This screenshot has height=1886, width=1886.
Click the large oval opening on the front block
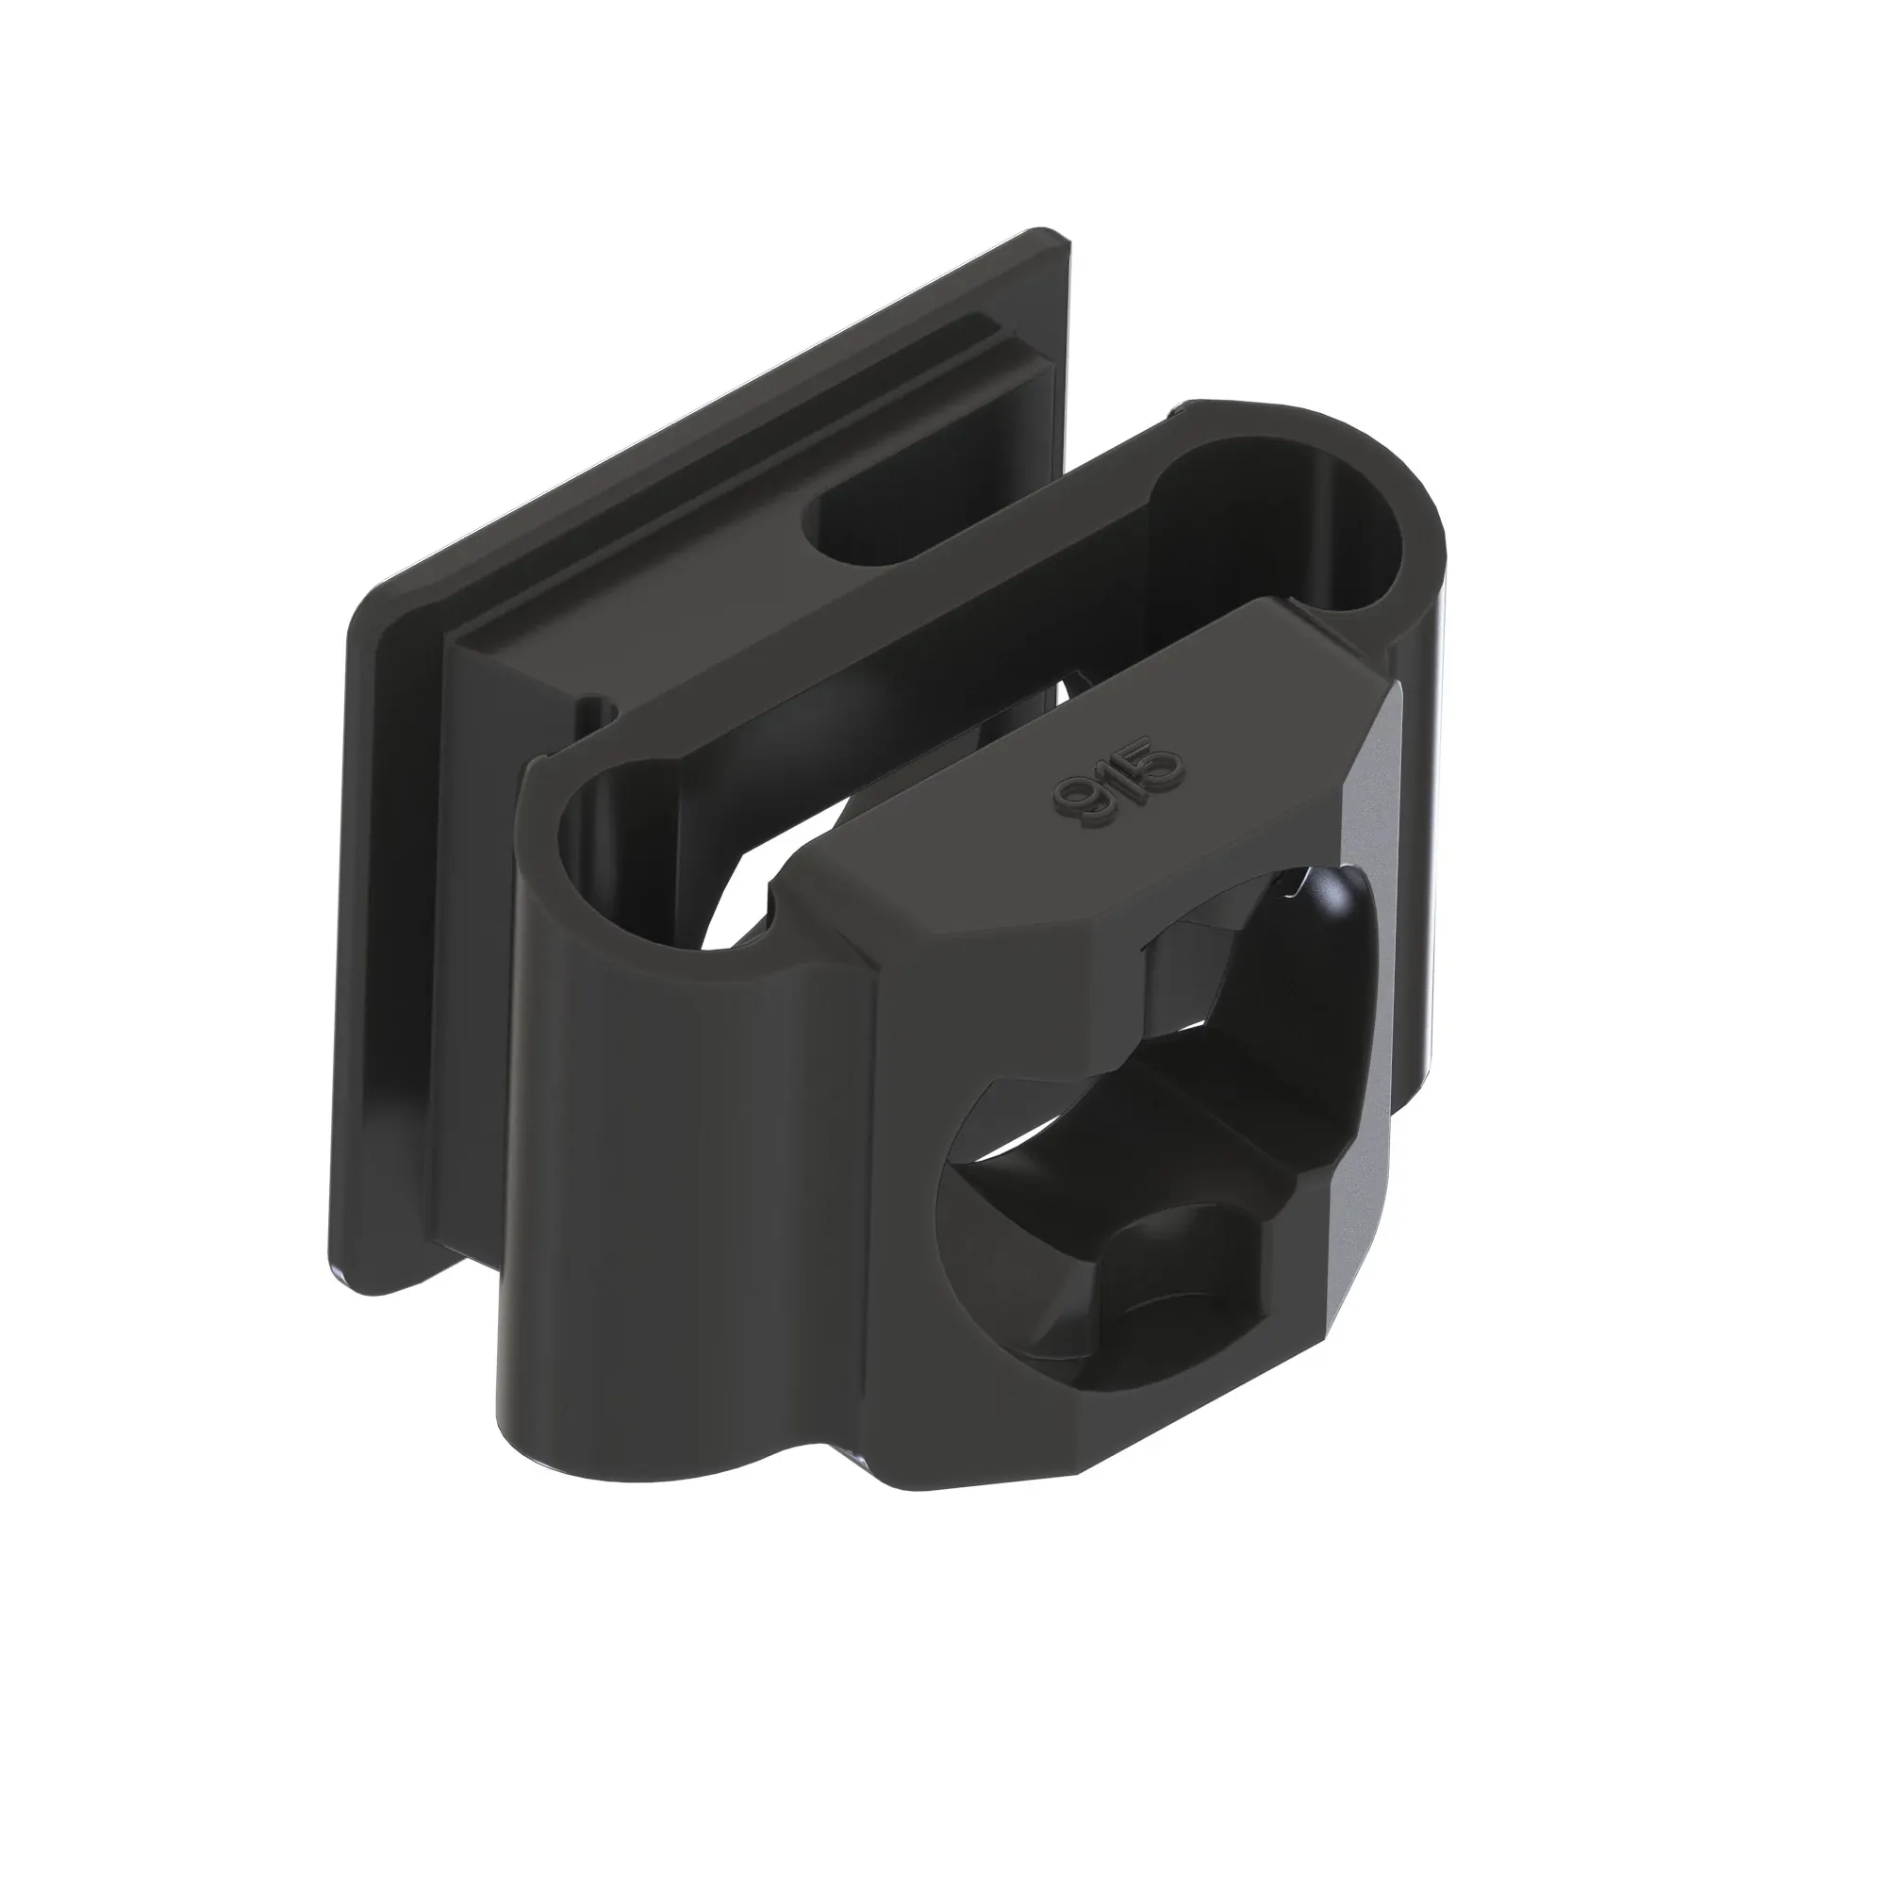click(x=1142, y=1122)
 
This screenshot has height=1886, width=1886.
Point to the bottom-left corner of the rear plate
click(x=361, y=1279)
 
